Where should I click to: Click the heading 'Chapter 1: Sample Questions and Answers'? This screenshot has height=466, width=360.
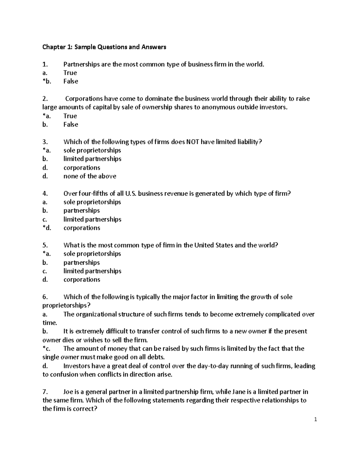(104, 47)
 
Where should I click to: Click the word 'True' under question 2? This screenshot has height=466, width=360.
(70, 116)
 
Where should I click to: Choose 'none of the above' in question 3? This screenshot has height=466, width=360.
(90, 176)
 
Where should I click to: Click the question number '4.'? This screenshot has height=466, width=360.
(45, 194)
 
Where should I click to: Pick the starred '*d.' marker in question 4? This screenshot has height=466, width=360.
(47, 228)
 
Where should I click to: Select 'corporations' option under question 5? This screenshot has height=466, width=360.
(82, 280)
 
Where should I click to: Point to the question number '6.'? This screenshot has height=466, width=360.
(45, 297)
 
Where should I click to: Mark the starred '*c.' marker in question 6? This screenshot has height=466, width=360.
(47, 349)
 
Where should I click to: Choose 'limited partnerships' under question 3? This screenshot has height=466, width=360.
(92, 159)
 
